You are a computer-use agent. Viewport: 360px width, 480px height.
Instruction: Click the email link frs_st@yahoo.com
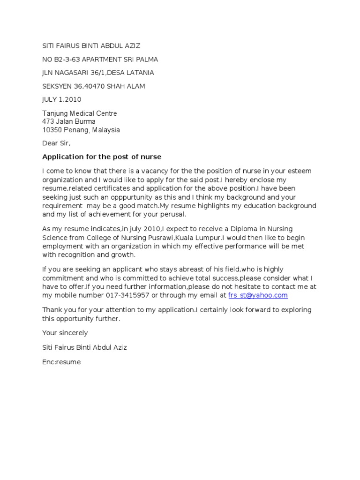(x=258, y=295)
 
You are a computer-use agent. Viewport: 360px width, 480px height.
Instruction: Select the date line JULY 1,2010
(x=62, y=99)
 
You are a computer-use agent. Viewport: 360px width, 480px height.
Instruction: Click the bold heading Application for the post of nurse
(x=102, y=157)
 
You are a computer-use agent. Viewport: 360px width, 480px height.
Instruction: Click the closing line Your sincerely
(x=65, y=333)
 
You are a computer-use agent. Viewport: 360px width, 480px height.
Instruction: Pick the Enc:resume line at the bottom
(x=61, y=362)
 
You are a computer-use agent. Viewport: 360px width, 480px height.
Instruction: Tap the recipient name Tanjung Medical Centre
(x=80, y=113)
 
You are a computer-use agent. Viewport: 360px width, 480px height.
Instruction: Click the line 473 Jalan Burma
(x=69, y=121)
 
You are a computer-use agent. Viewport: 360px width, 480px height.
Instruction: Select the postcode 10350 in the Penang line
(x=52, y=130)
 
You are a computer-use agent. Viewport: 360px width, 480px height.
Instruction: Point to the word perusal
(x=173, y=215)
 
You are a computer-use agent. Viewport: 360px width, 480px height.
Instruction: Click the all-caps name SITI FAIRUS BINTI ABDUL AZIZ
(x=91, y=46)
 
